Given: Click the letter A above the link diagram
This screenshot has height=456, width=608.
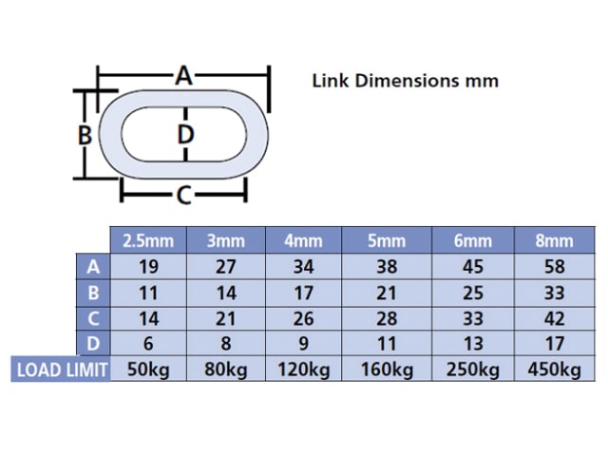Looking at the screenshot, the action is pyautogui.click(x=183, y=76).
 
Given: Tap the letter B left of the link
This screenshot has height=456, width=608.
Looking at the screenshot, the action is pyautogui.click(x=85, y=135).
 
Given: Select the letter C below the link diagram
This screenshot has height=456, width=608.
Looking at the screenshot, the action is pyautogui.click(x=183, y=195).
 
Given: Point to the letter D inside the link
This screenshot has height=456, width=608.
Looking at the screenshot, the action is pyautogui.click(x=185, y=135).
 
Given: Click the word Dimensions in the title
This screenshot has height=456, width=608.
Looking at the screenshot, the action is pyautogui.click(x=407, y=81).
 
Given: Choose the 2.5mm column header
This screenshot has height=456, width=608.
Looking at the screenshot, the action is pyautogui.click(x=148, y=240).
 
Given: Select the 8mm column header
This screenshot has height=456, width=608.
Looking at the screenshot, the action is pyautogui.click(x=554, y=240).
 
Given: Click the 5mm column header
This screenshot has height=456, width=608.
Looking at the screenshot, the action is pyautogui.click(x=387, y=240).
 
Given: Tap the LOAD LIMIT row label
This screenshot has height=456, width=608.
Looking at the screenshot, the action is pyautogui.click(x=62, y=370).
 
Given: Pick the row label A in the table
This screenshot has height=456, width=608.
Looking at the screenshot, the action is pyautogui.click(x=93, y=267).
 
